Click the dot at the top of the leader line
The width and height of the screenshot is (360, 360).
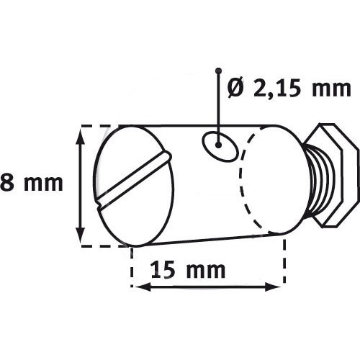(x=217, y=71)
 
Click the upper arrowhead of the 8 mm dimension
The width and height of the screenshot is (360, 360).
(x=79, y=134)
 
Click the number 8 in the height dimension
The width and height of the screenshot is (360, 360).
(x=9, y=183)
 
